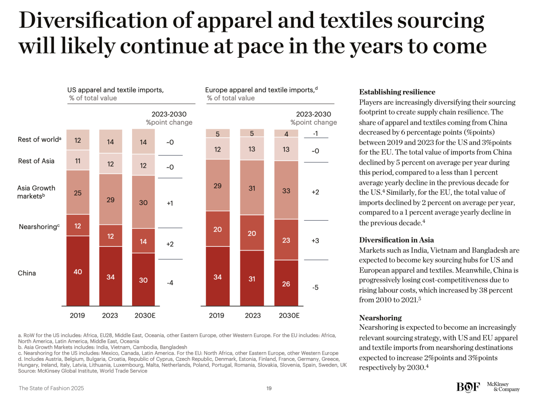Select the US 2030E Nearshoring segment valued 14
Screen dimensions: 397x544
tap(143, 241)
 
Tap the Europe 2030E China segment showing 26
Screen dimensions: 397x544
tap(286, 283)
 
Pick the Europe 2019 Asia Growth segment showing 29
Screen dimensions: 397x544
tap(217, 185)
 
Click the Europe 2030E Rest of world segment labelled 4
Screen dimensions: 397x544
tap(286, 134)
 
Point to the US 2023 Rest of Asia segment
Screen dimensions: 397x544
tap(110, 164)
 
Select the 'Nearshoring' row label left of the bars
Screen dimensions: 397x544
tap(39, 227)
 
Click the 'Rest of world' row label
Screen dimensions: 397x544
tap(39, 140)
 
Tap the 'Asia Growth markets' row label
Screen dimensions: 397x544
tap(36, 192)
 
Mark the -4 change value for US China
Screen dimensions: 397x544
tap(170, 283)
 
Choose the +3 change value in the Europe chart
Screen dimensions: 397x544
tap(315, 240)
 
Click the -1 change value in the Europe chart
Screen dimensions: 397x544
tap(315, 134)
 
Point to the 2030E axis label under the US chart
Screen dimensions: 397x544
tap(145, 315)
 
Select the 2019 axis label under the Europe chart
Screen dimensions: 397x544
tap(216, 315)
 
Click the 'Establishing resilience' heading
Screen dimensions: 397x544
tap(397, 92)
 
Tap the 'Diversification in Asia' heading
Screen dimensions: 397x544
tap(396, 240)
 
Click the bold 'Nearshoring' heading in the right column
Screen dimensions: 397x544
tap(380, 318)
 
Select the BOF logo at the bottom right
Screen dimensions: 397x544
tap(468, 387)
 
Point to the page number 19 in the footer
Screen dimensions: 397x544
tap(269, 389)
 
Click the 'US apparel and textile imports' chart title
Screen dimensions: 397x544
tap(115, 90)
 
